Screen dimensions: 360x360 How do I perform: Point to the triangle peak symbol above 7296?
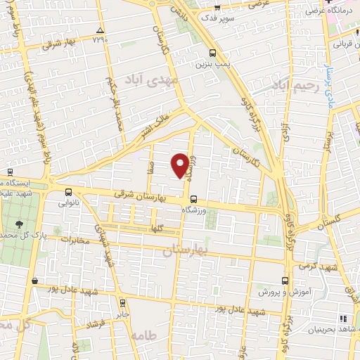point(100,30)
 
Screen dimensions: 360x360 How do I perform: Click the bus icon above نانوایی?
point(68,191)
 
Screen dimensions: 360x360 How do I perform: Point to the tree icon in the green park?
point(18,224)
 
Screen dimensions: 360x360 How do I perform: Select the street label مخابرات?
point(80,240)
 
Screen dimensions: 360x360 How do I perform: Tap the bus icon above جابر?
point(124,304)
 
